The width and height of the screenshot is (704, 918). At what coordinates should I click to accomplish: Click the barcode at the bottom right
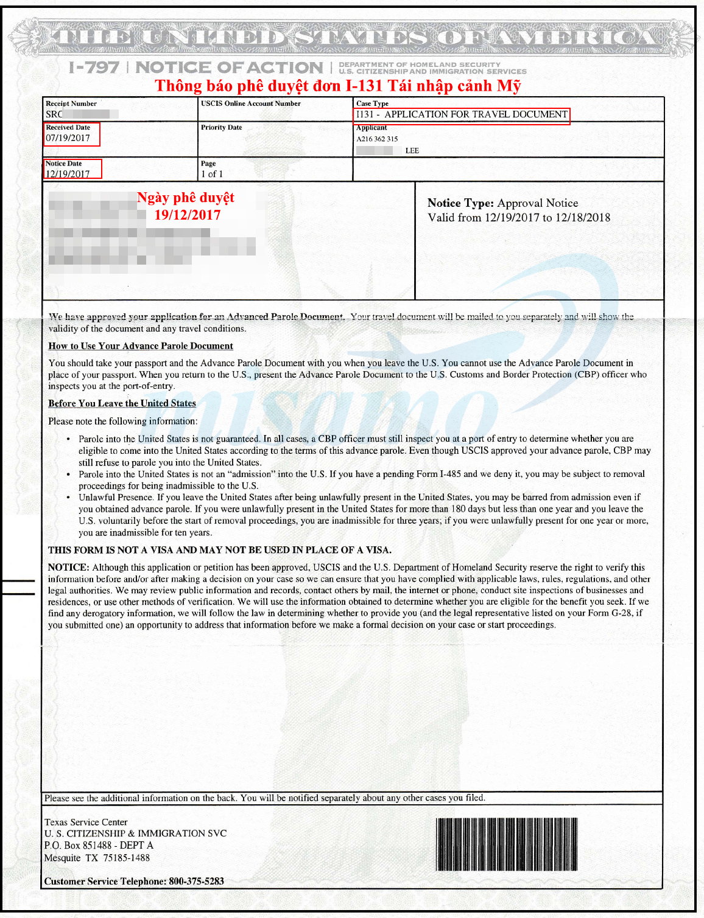(507, 844)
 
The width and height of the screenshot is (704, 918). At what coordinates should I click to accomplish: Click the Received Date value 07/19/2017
(68, 138)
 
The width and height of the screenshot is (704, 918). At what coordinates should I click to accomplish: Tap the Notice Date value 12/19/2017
(68, 174)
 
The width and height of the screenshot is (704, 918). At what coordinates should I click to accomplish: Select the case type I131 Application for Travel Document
(462, 114)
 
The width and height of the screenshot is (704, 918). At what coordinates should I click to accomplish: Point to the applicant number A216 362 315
(377, 139)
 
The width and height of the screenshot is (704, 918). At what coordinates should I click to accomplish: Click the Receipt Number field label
(71, 103)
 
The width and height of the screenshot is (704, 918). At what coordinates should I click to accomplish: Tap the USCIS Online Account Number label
(251, 103)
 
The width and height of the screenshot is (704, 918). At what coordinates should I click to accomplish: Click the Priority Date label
(222, 128)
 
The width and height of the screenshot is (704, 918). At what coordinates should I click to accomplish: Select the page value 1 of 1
(212, 174)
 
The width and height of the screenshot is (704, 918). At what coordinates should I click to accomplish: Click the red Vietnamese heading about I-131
(338, 86)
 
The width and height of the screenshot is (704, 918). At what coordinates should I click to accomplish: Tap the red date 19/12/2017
(188, 215)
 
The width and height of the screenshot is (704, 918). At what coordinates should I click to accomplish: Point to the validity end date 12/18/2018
(583, 218)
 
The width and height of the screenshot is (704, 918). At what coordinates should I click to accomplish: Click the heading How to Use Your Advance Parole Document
(141, 346)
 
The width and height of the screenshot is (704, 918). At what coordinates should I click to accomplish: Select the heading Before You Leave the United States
(122, 403)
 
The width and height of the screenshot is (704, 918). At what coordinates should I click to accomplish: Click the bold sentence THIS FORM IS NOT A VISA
(220, 550)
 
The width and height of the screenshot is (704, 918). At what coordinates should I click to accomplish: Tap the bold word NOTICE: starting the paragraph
(69, 568)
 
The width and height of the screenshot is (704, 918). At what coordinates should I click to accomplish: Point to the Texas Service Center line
(86, 822)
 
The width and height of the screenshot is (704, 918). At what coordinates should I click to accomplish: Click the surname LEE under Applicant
(412, 151)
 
